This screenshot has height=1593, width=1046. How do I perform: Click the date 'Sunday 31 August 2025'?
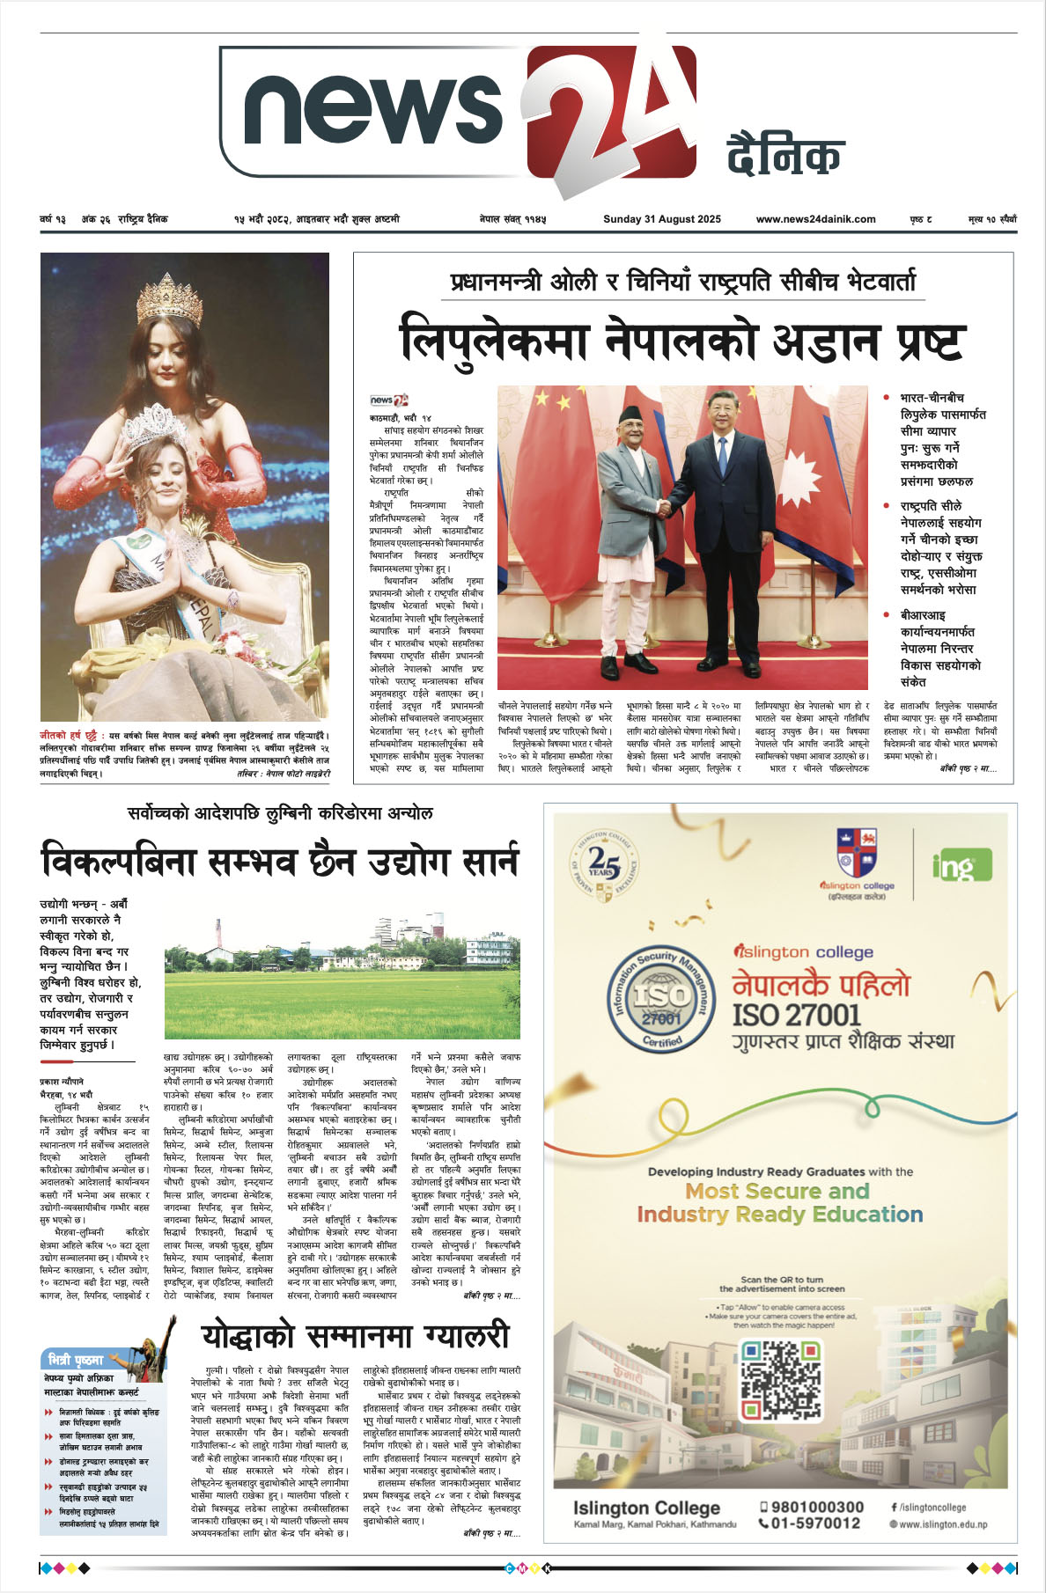click(661, 219)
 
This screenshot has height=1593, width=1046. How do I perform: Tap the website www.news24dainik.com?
click(815, 219)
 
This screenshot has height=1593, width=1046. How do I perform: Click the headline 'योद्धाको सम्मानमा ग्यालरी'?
click(356, 1336)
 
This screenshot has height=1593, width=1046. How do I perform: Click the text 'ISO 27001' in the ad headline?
click(796, 1015)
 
